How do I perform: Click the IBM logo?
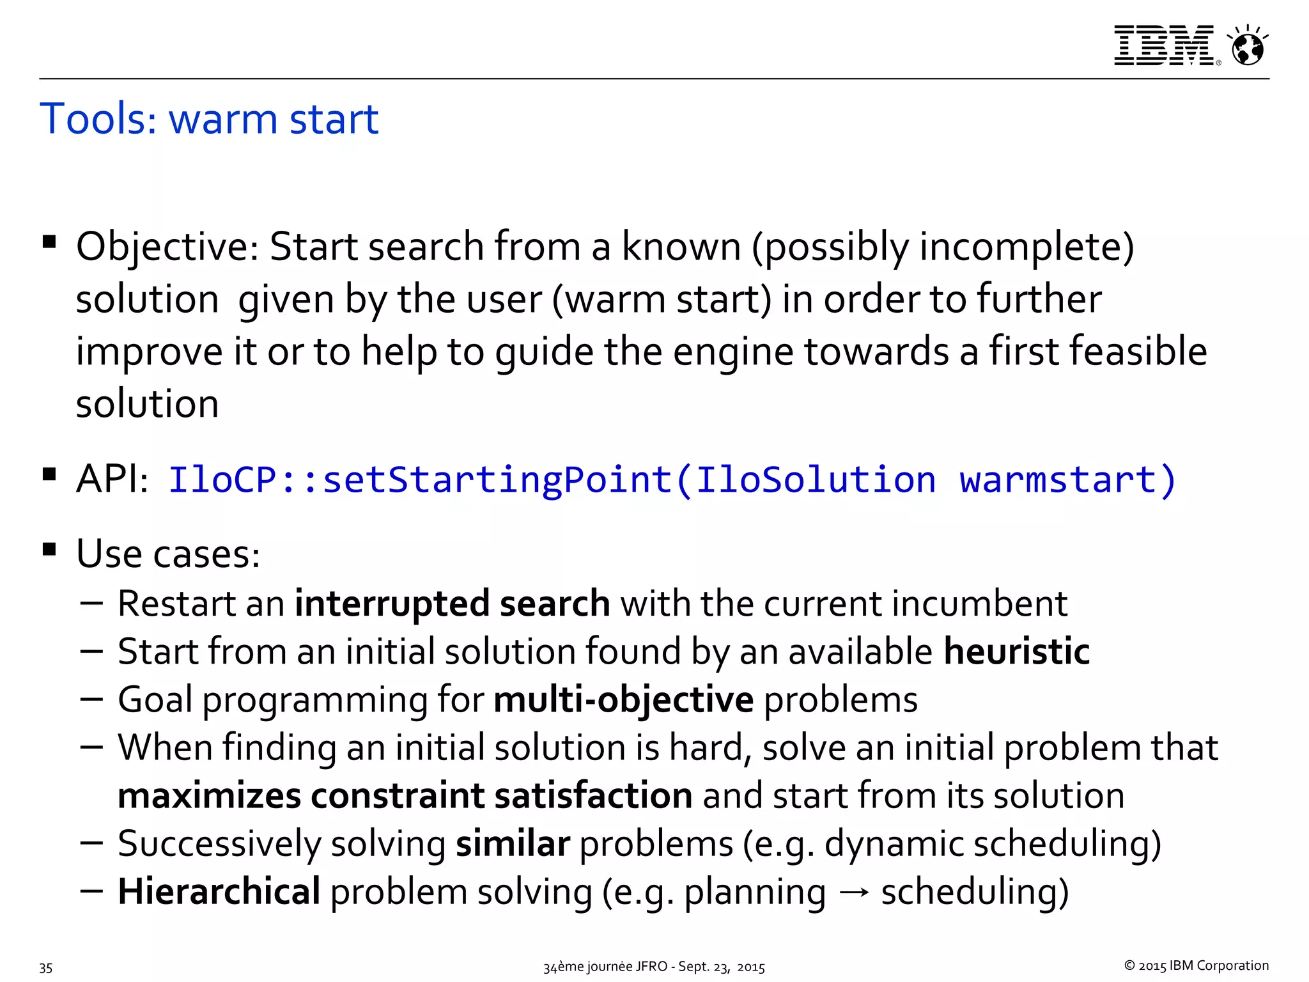click(x=1165, y=45)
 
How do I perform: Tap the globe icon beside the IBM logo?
click(x=1248, y=47)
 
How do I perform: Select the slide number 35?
click(x=45, y=967)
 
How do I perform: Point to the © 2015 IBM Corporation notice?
click(x=1196, y=965)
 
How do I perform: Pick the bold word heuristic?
click(x=1016, y=651)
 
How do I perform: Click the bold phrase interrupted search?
click(x=452, y=604)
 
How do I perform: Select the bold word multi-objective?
click(x=623, y=699)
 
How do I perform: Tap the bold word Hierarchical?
click(x=219, y=891)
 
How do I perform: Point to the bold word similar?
click(x=512, y=843)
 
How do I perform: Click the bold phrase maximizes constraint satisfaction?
click(x=405, y=795)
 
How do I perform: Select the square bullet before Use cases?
click(x=49, y=549)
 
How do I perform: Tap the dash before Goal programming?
click(x=92, y=698)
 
